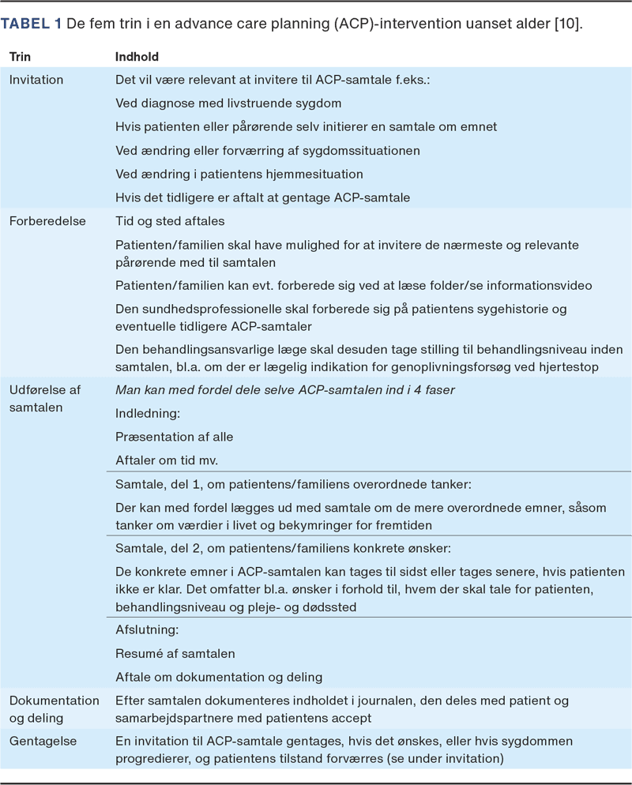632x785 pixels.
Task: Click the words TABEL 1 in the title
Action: [32, 24]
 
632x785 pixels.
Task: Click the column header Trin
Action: [21, 57]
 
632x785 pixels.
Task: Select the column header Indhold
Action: [137, 57]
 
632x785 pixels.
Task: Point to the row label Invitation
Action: [36, 80]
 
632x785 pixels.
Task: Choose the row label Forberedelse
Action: [47, 221]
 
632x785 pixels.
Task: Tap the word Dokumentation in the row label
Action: [55, 700]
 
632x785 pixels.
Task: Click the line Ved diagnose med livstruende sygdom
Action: [228, 103]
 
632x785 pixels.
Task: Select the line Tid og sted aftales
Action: [169, 221]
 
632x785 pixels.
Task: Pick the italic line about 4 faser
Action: [285, 389]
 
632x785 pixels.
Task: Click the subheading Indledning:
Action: [148, 413]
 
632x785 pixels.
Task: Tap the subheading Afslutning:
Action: [148, 629]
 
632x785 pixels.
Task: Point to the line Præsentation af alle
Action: [175, 437]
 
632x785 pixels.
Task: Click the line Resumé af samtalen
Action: [175, 653]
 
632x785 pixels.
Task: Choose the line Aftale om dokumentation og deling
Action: [219, 677]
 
